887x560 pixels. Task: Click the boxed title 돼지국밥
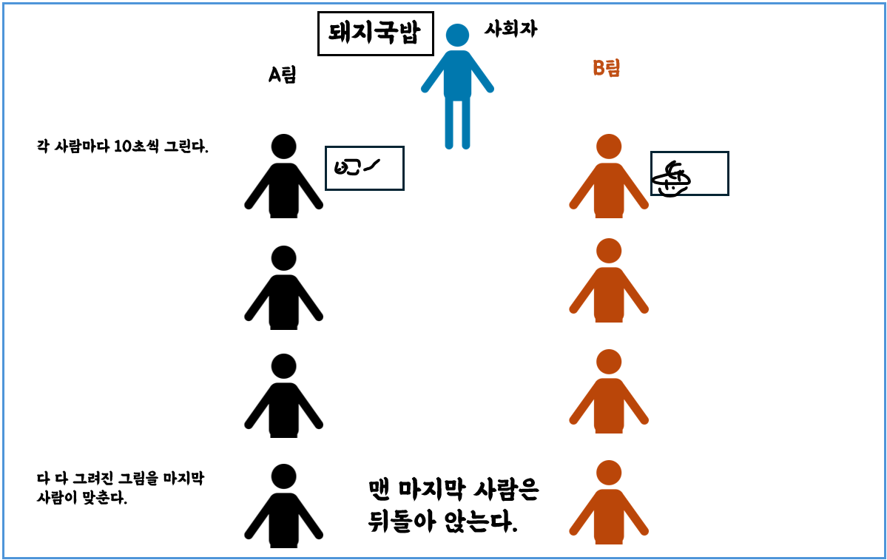click(x=375, y=34)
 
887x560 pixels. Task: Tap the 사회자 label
click(x=510, y=30)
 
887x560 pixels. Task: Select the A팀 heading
click(x=282, y=75)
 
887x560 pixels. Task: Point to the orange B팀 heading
click(x=606, y=69)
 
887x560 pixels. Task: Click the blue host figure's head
click(x=457, y=36)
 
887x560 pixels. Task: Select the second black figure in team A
click(x=283, y=291)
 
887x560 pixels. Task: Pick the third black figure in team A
click(x=283, y=399)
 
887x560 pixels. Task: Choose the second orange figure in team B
click(x=608, y=284)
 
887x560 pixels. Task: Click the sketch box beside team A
click(x=365, y=168)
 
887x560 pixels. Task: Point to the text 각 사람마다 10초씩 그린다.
click(x=123, y=146)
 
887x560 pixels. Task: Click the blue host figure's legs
click(x=456, y=122)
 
